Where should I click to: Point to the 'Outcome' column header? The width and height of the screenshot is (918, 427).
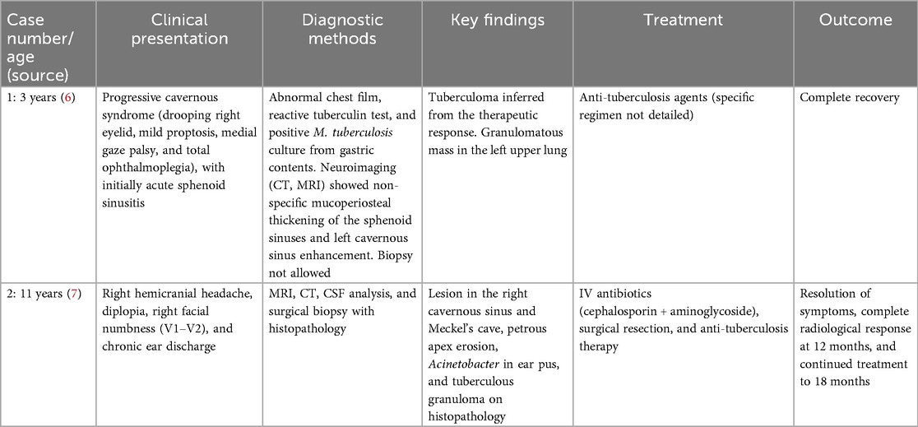(855, 18)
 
